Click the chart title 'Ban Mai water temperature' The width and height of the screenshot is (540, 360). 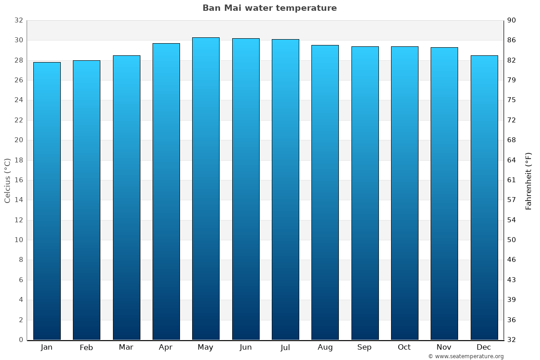(x=270, y=8)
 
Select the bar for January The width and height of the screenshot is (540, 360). (x=47, y=201)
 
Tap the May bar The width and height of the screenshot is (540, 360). (x=206, y=189)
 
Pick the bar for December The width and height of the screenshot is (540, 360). (x=484, y=198)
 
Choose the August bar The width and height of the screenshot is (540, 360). (x=325, y=193)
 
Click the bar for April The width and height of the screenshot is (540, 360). (x=166, y=192)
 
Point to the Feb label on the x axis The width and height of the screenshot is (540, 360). (x=86, y=347)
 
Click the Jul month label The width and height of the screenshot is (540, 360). (x=285, y=347)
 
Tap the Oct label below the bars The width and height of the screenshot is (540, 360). (x=404, y=347)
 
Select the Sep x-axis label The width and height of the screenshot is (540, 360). (x=364, y=347)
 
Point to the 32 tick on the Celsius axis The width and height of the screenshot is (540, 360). (x=18, y=21)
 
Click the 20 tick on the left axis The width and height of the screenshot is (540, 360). (x=18, y=140)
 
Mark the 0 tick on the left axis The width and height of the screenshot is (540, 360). (x=21, y=340)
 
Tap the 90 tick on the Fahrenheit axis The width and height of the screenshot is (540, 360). (x=512, y=21)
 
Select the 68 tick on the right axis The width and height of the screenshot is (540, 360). (x=512, y=140)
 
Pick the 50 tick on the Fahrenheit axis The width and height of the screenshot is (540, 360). (x=512, y=240)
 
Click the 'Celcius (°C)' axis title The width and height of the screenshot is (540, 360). (x=8, y=180)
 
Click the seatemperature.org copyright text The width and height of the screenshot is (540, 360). (x=466, y=356)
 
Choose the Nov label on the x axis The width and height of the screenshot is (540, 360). (x=444, y=347)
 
